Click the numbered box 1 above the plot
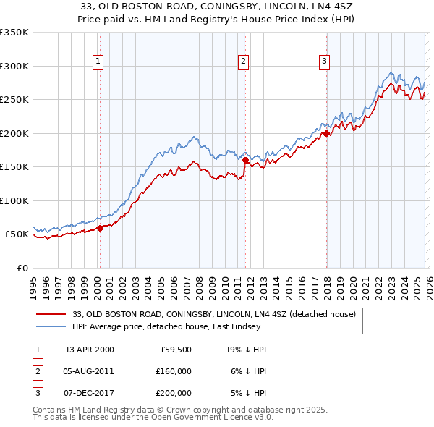pos(98,62)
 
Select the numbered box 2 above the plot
pos(244,62)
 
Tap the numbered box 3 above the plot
pos(325,62)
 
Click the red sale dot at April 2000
pos(100,228)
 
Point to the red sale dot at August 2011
pos(245,160)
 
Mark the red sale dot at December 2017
pos(326,133)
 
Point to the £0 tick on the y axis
pos(22,268)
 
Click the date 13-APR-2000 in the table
pos(89,349)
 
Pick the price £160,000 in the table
pos(172,371)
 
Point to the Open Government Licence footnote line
pos(153,418)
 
